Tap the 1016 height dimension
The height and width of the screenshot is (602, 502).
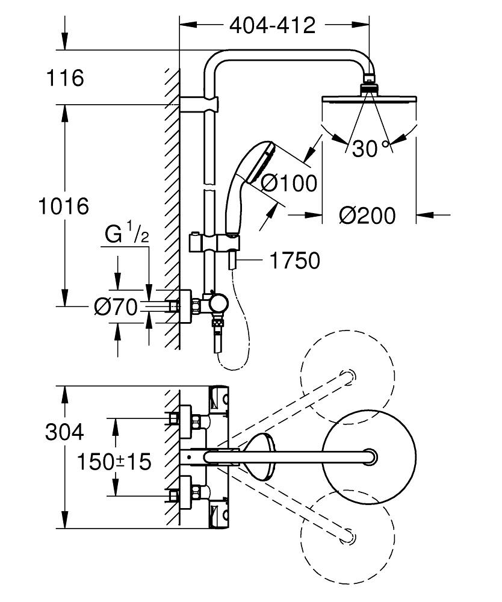coord(63,206)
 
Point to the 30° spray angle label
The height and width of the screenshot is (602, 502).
coord(370,148)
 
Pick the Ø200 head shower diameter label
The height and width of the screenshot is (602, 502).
coord(367,215)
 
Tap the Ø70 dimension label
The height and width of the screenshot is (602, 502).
coord(116,307)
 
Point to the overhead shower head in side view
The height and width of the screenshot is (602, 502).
coord(370,101)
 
